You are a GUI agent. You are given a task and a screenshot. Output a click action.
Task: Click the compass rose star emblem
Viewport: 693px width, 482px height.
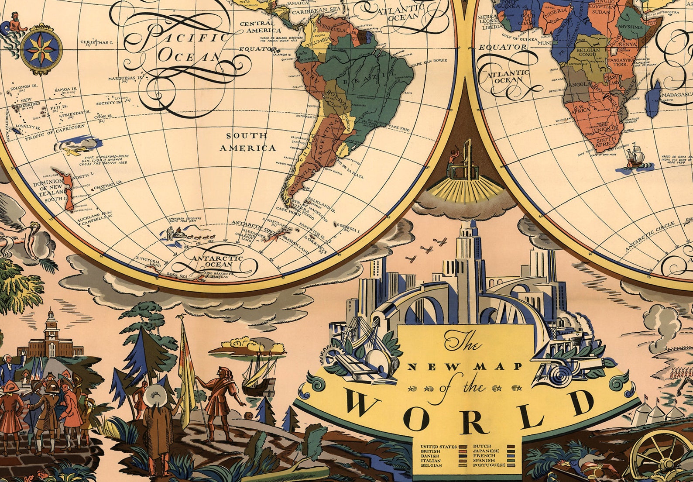(x=41, y=48)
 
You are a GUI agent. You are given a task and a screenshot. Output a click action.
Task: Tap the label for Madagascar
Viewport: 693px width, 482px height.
(x=676, y=94)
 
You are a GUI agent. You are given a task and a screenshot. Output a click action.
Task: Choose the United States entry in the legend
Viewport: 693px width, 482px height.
(x=438, y=447)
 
